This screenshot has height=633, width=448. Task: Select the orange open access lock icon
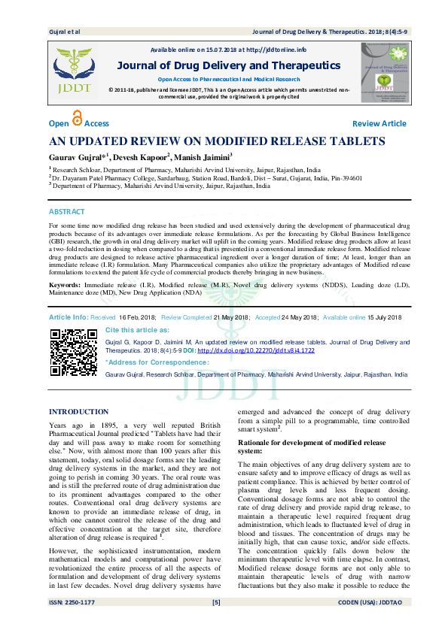pos(78,120)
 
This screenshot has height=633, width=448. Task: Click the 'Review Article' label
pos(379,123)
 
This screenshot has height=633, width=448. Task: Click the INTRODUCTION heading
pos(78,412)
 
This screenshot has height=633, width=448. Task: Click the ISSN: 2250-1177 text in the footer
pos(72,623)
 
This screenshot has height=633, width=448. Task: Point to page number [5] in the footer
pos(216,623)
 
